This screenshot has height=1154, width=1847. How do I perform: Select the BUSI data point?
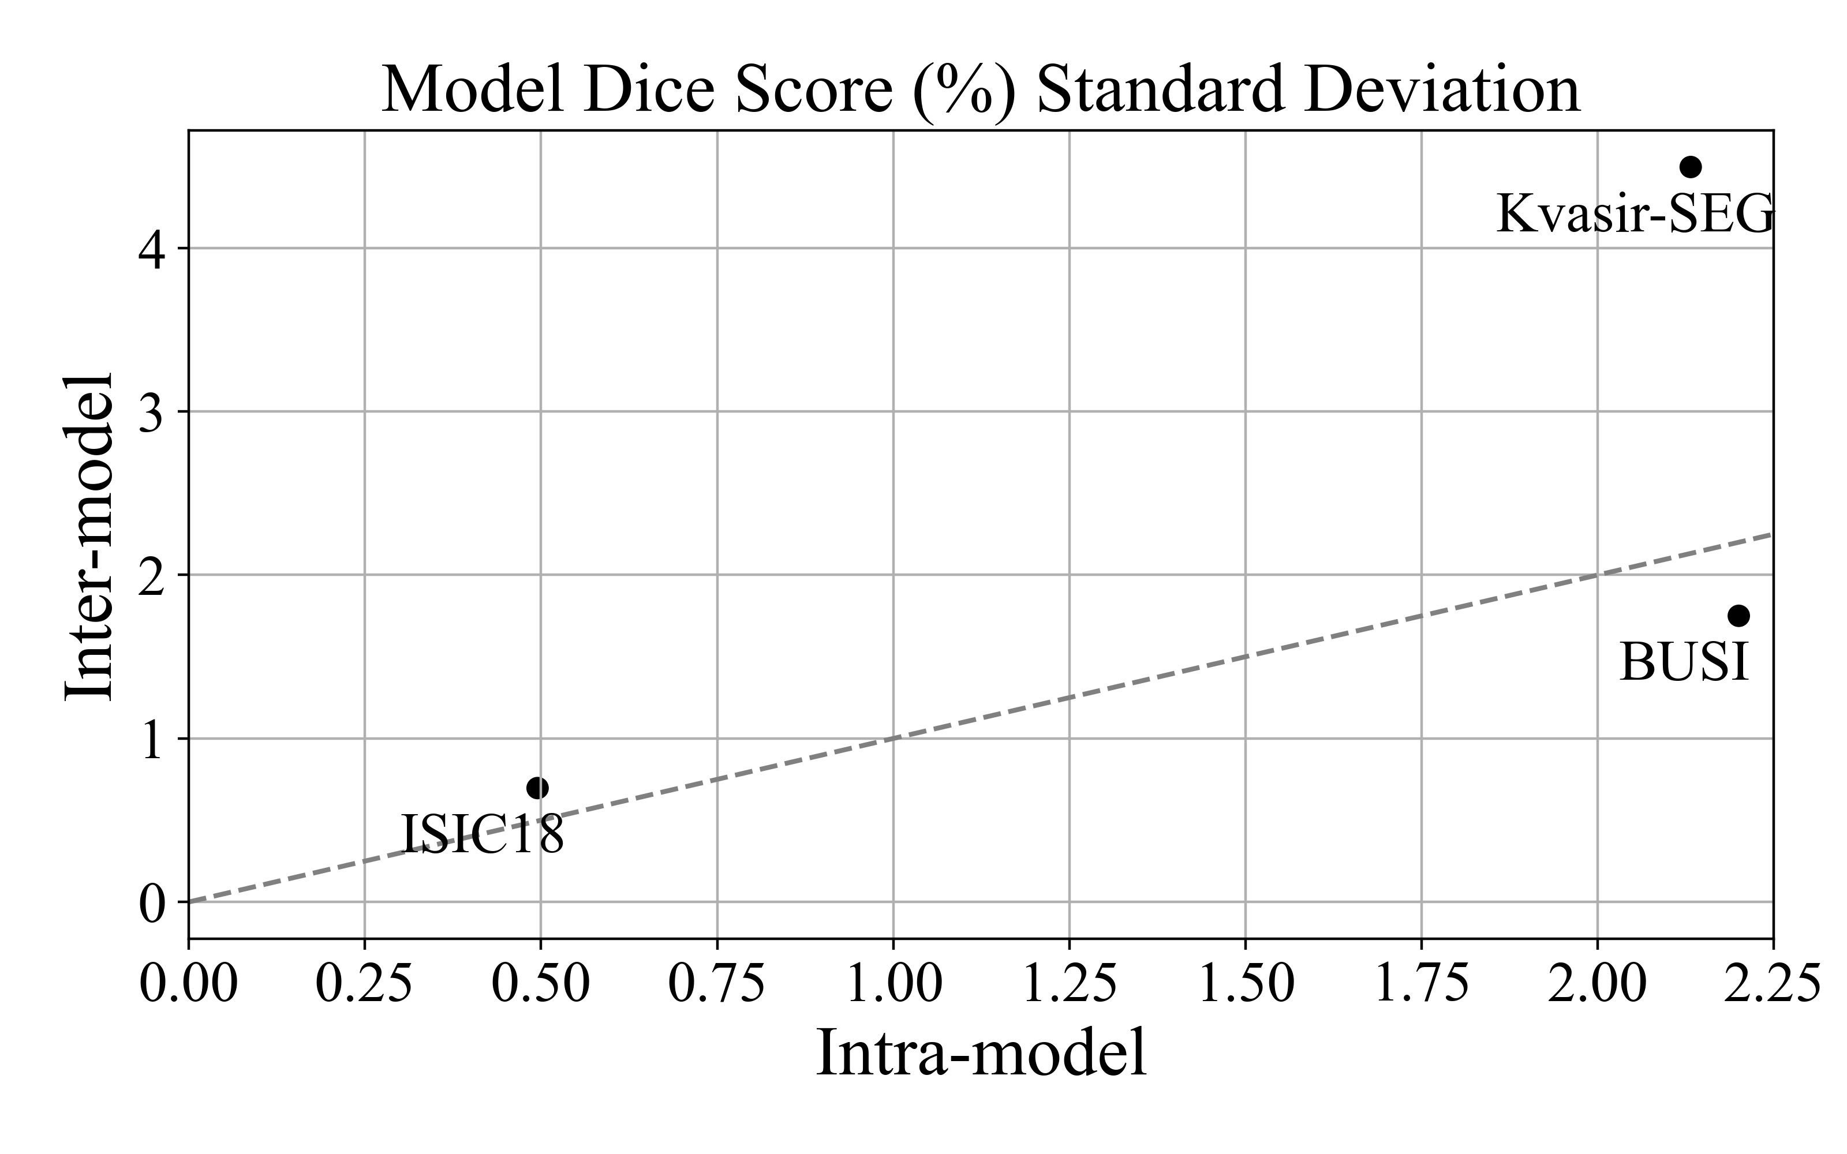tap(1738, 615)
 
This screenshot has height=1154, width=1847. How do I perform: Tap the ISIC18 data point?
tap(537, 788)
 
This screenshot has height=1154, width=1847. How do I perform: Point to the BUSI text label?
tap(1684, 662)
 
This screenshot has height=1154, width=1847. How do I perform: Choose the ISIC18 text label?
tap(483, 834)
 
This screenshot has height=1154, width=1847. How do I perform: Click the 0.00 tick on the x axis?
tap(189, 984)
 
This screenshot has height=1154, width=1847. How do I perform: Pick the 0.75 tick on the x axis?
tap(717, 984)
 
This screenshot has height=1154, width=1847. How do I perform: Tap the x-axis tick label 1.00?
tap(893, 984)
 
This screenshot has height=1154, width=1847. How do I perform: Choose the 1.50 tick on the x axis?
tap(1246, 984)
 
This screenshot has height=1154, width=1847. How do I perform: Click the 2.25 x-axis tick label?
tap(1772, 984)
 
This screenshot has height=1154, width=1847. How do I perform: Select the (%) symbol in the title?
tap(964, 90)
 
